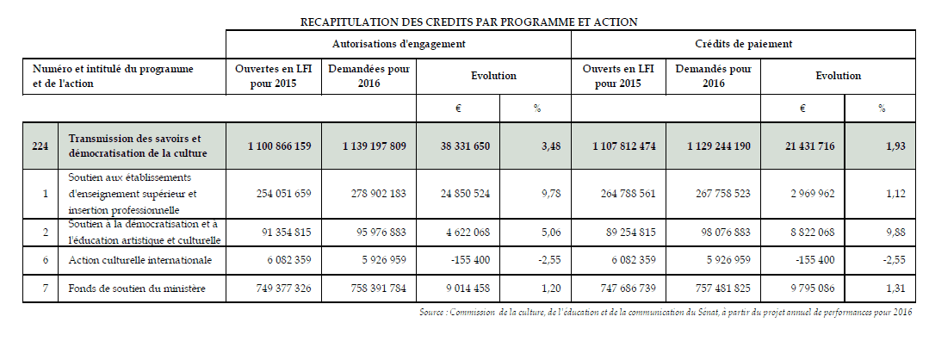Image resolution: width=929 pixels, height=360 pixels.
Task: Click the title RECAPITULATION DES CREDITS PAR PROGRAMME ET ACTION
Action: [x=465, y=21]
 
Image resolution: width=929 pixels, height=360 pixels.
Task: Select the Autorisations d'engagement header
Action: [x=399, y=42]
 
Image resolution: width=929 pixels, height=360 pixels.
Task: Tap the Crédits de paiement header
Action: [x=743, y=42]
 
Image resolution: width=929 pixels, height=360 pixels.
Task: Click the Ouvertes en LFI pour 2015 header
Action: [x=273, y=76]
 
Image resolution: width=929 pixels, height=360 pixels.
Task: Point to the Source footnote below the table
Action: [x=661, y=312]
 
